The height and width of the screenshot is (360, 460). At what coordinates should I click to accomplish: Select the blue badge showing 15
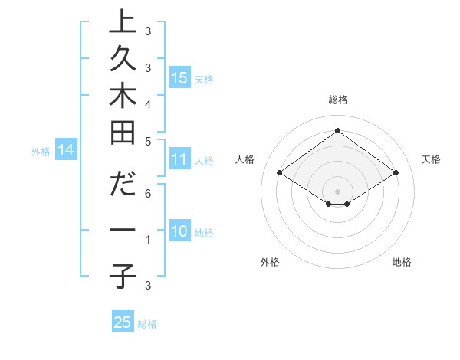[179, 77]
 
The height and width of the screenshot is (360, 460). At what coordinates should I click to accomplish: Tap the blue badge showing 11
[179, 160]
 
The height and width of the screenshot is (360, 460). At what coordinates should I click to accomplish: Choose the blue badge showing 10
[179, 232]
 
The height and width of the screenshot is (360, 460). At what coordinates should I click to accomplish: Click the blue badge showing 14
[66, 151]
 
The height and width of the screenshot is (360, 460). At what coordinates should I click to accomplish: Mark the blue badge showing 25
[123, 322]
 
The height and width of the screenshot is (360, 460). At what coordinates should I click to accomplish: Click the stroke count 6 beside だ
[148, 194]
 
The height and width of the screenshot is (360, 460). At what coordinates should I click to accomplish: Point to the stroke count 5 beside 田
[148, 141]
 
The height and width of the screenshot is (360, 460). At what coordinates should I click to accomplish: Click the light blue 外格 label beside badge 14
[41, 152]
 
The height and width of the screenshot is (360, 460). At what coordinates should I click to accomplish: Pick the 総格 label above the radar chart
[338, 100]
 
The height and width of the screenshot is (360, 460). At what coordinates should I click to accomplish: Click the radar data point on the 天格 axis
[396, 173]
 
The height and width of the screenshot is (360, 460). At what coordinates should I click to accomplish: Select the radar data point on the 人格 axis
[280, 173]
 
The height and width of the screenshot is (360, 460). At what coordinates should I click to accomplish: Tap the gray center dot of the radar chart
[337, 191]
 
